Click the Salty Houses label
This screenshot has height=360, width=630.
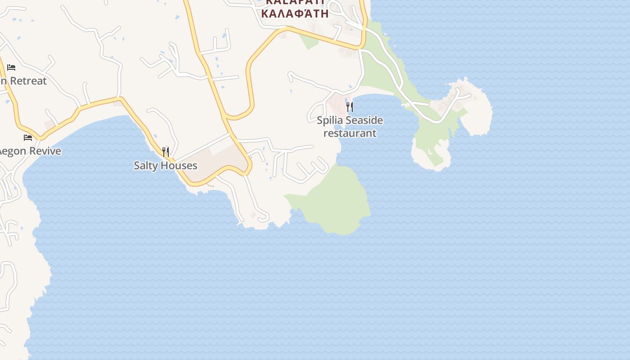tap(166, 166)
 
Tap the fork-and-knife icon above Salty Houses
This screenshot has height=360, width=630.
tap(166, 152)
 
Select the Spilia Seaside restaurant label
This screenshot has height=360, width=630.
tap(350, 126)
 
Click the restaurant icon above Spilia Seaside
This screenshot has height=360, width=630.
tap(349, 107)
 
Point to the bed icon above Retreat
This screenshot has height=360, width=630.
tap(11, 67)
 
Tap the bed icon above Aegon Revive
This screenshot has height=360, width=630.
tap(28, 137)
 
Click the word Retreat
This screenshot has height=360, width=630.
tap(28, 81)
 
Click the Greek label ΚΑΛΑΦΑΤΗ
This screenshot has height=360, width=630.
tap(295, 13)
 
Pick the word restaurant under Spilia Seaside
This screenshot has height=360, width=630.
tap(350, 133)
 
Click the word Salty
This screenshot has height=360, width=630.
tap(147, 166)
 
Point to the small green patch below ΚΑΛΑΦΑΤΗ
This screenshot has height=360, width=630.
tap(310, 41)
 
